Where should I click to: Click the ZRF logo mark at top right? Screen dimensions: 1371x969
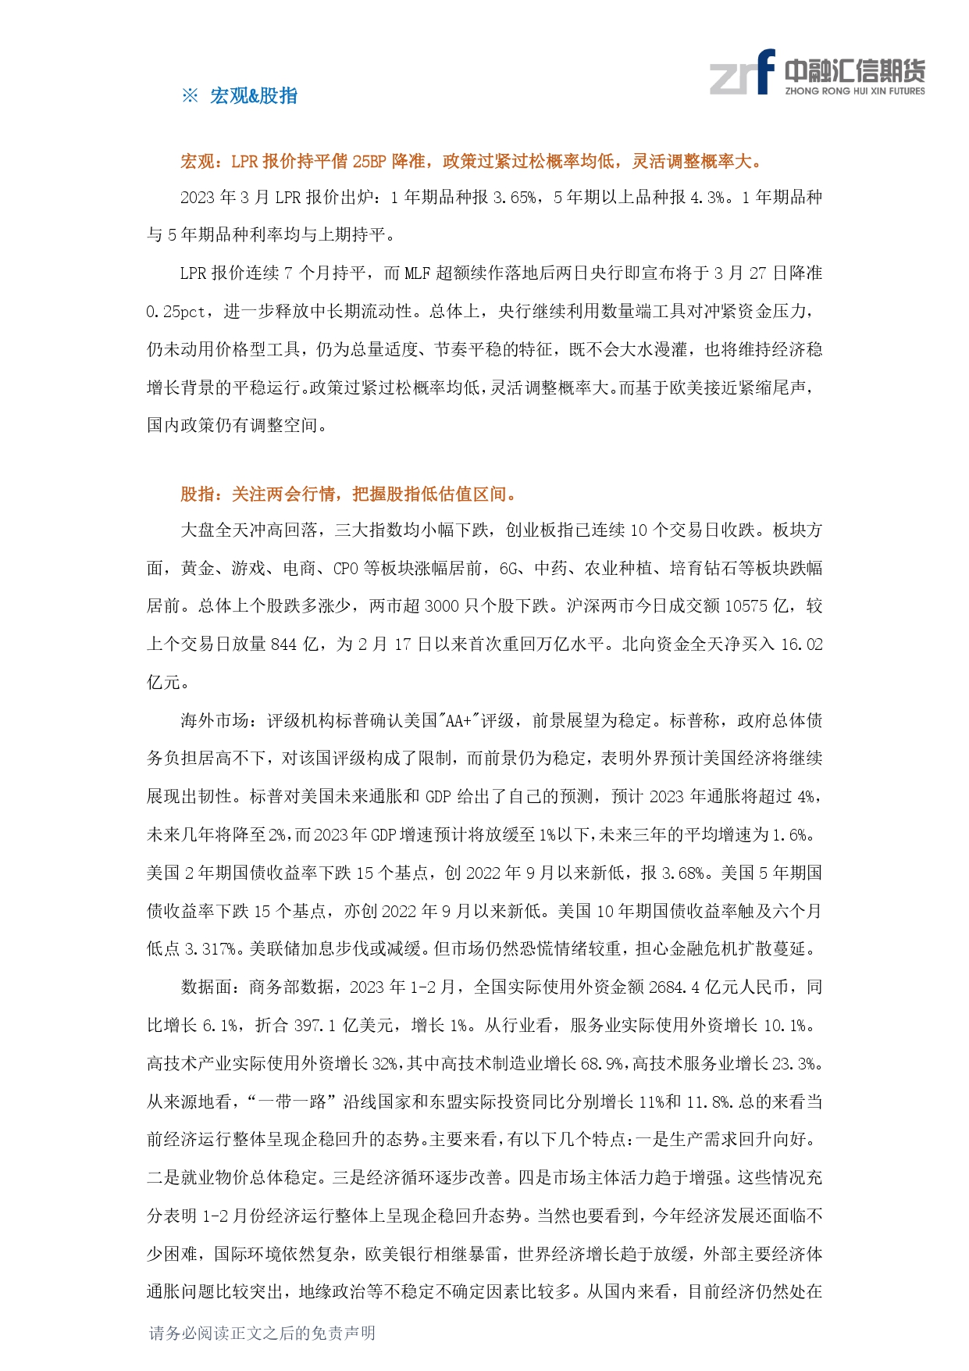click(742, 73)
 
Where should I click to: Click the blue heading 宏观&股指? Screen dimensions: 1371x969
click(254, 96)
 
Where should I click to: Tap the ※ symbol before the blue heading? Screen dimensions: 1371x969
click(190, 96)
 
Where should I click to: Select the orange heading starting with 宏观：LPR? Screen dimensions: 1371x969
click(472, 162)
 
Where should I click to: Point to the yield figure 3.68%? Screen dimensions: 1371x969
click(683, 873)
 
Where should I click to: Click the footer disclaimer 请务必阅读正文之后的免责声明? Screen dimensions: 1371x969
click(262, 1333)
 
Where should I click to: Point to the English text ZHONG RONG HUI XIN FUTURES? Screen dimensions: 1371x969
click(854, 91)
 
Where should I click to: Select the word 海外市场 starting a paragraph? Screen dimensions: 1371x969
click(215, 720)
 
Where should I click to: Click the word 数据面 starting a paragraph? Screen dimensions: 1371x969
click(207, 987)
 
